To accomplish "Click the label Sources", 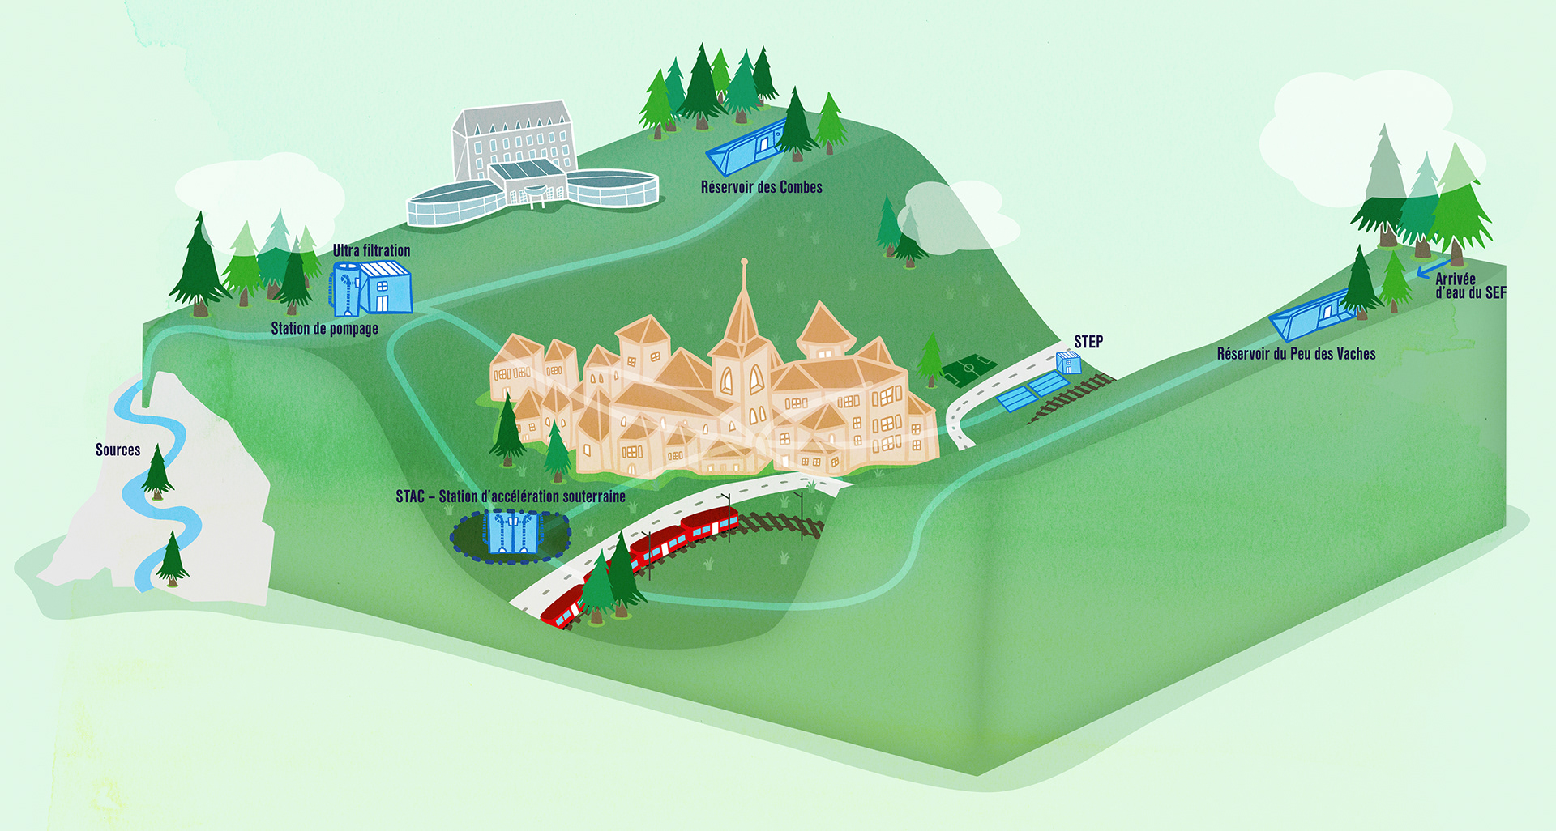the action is click(x=118, y=450).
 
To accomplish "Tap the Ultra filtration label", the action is click(x=371, y=251).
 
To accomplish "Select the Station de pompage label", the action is click(x=324, y=329).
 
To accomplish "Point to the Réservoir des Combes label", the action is click(x=761, y=187).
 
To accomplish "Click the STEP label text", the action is click(x=1088, y=342).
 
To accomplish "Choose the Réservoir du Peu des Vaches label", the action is click(x=1296, y=354).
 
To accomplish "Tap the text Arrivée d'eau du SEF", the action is click(x=1469, y=286).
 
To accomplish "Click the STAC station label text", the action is click(x=510, y=496).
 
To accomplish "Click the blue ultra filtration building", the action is click(x=371, y=288).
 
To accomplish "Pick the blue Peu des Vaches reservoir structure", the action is click(x=1306, y=317).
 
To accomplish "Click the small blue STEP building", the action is click(x=1068, y=363).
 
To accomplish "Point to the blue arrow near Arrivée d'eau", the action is click(x=1433, y=268).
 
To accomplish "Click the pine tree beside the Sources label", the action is click(x=156, y=473).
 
